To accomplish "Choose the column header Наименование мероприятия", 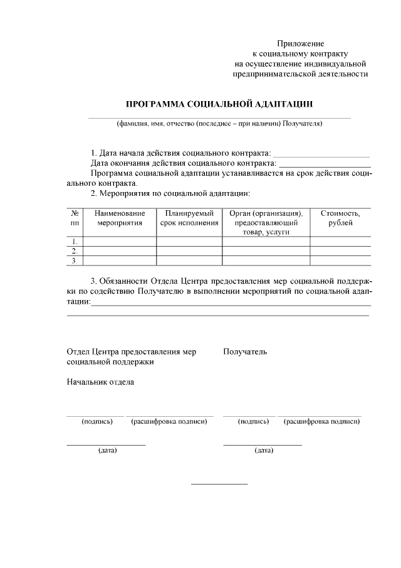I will coord(120,218).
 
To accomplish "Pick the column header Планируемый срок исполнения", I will coord(189,218).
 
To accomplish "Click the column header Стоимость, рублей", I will coord(340,218).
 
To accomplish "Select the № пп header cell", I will coord(75,218).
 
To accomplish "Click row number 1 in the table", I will coord(75,242).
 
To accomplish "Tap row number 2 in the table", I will coord(75,251).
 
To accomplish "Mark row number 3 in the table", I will coord(75,260).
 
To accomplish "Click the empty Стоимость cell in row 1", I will coord(340,242).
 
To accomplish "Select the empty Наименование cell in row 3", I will coord(120,260).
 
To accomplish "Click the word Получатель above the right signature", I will coord(245,351).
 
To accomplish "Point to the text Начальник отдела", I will coord(100,382).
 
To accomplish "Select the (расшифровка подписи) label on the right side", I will coord(321,421).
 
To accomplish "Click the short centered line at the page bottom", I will coord(219,484).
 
